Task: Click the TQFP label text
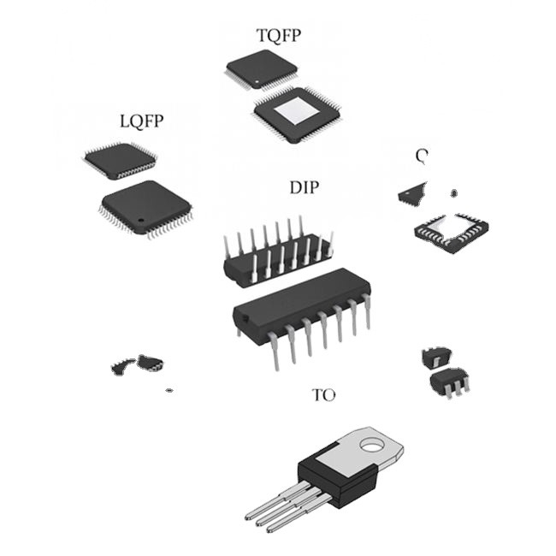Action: point(279,35)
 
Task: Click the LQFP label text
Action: point(141,121)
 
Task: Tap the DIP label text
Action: point(305,187)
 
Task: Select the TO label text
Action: point(323,395)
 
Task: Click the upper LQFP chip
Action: point(119,160)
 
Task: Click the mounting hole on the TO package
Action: point(371,445)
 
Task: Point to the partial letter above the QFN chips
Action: point(421,156)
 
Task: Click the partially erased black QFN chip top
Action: point(413,194)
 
